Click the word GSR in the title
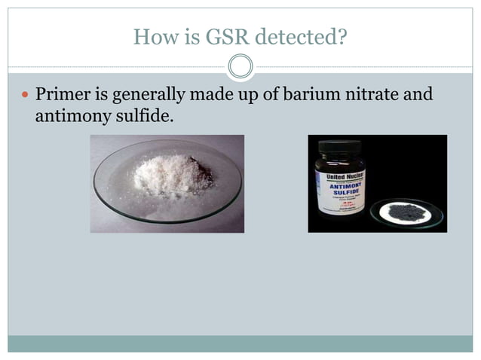pyautogui.click(x=219, y=36)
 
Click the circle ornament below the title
pyautogui.click(x=240, y=67)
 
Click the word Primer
pyautogui.click(x=63, y=96)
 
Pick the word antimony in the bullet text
pyautogui.click(x=69, y=117)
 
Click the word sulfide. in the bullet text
pyautogui.click(x=137, y=117)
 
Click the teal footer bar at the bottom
pyautogui.click(x=240, y=343)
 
